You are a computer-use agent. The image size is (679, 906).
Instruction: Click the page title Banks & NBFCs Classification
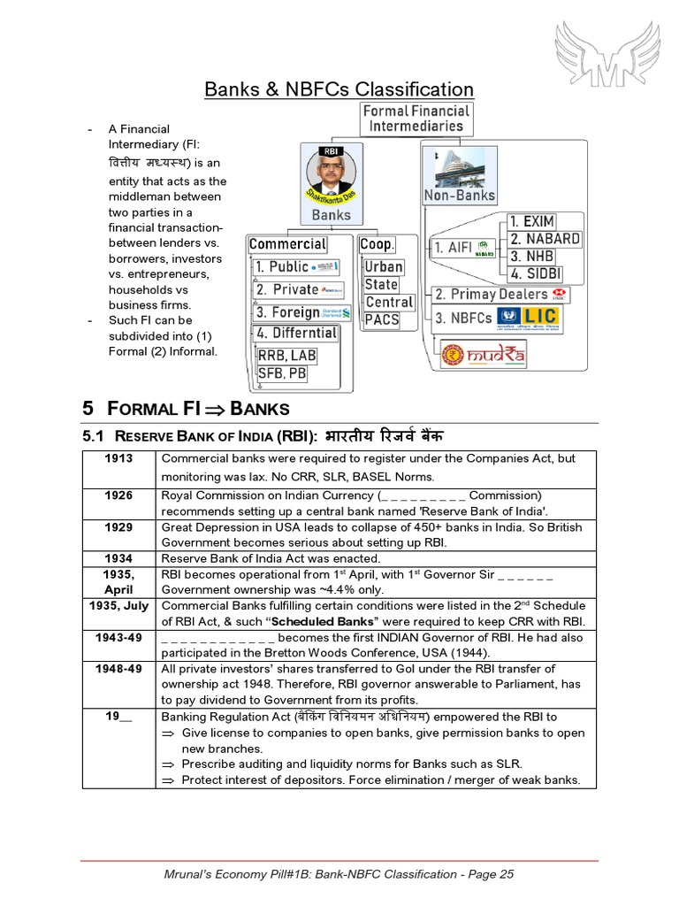point(339,89)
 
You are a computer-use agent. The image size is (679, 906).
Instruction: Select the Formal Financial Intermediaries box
point(416,118)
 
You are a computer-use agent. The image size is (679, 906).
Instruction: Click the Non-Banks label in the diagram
point(460,196)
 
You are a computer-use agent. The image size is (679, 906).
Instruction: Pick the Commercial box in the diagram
point(287,244)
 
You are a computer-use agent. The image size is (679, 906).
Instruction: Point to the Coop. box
point(377,244)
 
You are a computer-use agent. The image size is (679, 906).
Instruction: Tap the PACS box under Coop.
point(382,319)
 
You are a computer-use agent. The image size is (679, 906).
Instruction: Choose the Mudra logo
point(484,357)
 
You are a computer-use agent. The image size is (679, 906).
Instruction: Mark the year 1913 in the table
point(118,458)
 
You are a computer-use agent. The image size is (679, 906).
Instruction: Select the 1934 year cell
point(118,558)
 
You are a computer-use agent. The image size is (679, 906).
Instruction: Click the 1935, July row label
point(118,605)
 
